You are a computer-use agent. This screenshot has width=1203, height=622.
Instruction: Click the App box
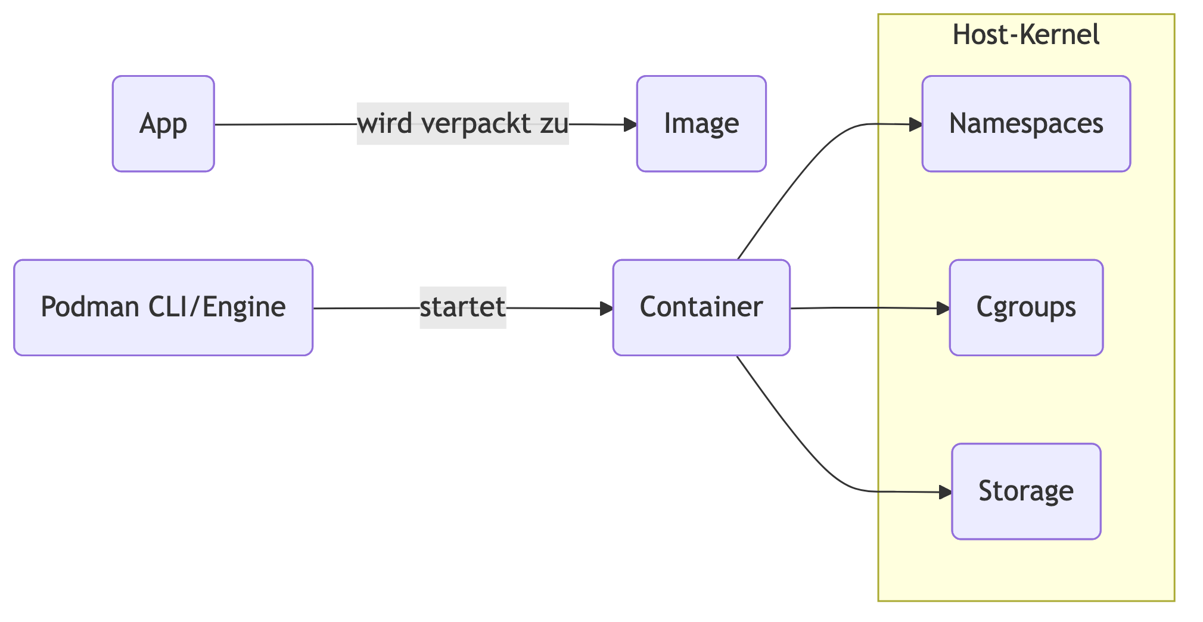(163, 124)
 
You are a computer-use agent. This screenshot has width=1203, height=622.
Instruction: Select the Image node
(701, 124)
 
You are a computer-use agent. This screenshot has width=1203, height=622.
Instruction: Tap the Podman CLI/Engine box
(163, 307)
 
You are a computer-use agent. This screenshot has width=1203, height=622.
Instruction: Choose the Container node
(701, 307)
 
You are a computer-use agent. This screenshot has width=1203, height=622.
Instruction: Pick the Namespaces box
(1026, 124)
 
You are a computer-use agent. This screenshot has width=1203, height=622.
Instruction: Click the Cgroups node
(1026, 307)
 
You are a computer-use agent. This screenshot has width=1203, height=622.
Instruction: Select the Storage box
(1026, 491)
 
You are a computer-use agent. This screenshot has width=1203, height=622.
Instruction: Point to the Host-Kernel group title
(1026, 35)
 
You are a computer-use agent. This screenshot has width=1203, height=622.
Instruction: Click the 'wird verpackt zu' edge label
(462, 124)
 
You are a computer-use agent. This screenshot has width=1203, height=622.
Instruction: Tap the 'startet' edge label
(462, 307)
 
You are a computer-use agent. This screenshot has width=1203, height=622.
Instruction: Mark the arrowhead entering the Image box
(630, 125)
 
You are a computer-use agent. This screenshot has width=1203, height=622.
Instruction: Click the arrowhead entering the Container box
(607, 308)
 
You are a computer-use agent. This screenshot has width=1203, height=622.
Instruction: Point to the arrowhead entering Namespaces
(916, 125)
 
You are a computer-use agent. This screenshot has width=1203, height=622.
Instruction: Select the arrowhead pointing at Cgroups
(943, 308)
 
